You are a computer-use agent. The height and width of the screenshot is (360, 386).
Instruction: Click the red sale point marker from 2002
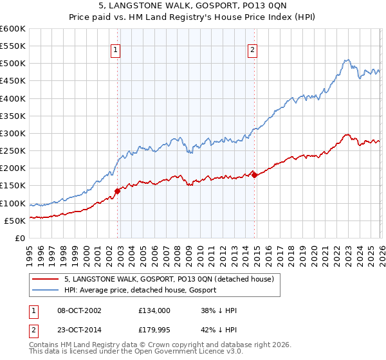[118, 191]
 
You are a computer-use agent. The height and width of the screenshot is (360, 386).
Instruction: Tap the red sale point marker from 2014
[255, 175]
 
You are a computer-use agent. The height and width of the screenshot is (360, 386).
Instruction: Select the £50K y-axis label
[15, 221]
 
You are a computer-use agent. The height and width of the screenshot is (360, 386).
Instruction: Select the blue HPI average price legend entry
[141, 291]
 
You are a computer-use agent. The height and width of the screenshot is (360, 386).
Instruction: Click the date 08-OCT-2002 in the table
[75, 310]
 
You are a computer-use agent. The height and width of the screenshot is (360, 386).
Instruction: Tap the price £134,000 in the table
[154, 310]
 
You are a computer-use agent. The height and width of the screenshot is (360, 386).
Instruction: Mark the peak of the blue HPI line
[346, 60]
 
